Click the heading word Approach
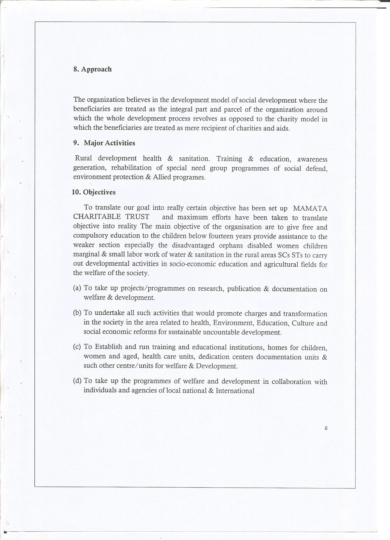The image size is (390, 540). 97,69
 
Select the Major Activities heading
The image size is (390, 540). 109,143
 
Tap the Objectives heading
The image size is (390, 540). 99,192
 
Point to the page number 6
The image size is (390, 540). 326,428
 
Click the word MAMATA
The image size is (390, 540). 310,208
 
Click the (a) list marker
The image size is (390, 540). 77,288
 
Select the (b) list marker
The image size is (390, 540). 77,313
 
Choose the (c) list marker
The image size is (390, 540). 77,347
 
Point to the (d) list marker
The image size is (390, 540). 77,381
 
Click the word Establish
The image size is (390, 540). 109,347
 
